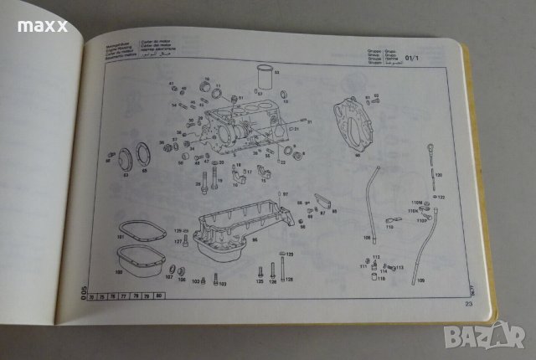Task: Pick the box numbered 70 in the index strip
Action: [x=93, y=296]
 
